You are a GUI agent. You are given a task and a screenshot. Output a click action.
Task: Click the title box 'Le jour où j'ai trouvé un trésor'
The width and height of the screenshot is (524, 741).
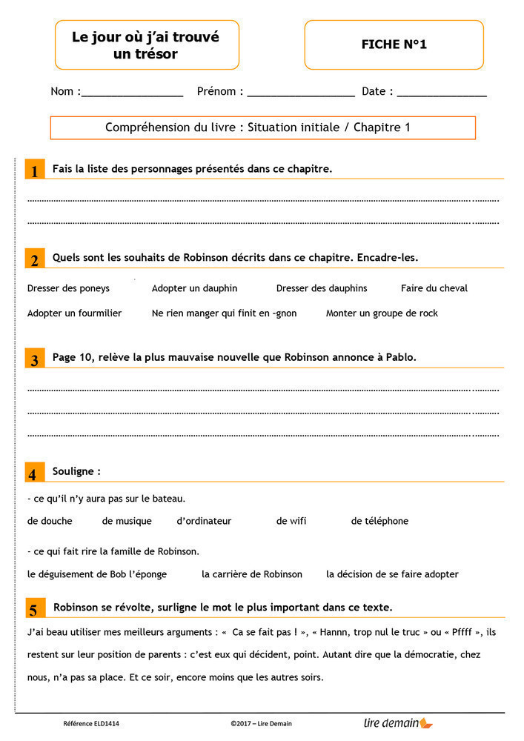click(146, 44)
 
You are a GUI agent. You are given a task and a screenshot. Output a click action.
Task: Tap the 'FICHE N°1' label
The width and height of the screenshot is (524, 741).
click(394, 44)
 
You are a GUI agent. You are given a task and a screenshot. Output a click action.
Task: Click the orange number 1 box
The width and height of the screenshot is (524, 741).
click(34, 170)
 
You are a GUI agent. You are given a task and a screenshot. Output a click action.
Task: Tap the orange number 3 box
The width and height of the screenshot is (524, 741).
click(34, 359)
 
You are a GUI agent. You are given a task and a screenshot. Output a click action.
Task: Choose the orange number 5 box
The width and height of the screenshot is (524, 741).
click(34, 608)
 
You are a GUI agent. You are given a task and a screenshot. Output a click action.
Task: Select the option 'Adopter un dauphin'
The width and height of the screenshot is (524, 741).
click(194, 288)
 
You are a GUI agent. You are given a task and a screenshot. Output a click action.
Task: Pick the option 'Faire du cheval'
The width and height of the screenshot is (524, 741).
click(434, 288)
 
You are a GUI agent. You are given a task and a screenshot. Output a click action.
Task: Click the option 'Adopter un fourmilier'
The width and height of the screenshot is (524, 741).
click(74, 313)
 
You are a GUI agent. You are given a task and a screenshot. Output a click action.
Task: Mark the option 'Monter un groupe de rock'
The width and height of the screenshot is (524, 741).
click(382, 313)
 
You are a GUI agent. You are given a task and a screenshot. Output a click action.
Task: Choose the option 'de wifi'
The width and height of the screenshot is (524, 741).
click(291, 521)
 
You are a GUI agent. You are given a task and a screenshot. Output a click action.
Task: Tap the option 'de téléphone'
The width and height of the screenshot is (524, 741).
click(379, 521)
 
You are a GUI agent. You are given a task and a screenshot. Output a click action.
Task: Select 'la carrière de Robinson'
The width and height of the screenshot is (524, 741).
click(252, 574)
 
